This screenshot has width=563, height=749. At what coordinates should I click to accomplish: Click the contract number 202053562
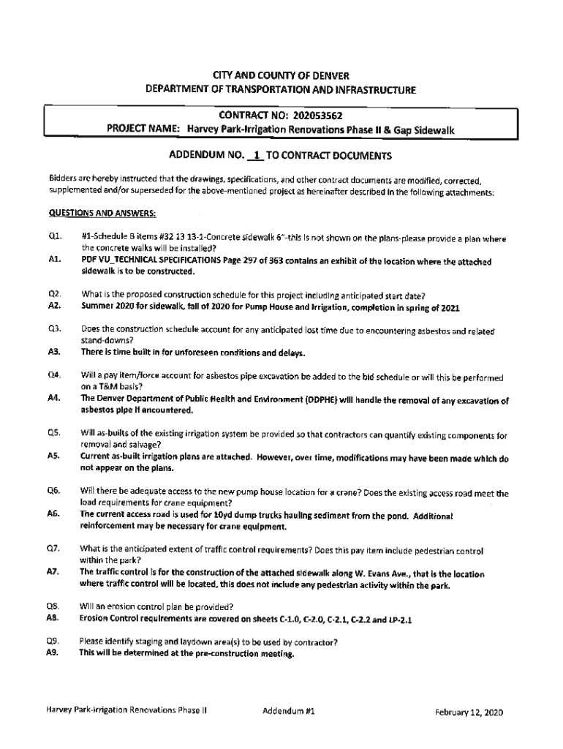pyautogui.click(x=317, y=115)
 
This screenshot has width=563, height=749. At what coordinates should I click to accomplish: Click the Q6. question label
pyautogui.click(x=53, y=493)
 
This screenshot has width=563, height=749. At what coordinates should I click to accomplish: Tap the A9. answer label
pyautogui.click(x=53, y=654)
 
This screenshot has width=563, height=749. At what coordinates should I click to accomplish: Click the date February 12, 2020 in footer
pyautogui.click(x=469, y=712)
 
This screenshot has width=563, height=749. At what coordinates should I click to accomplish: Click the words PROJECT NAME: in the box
pyautogui.click(x=144, y=129)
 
